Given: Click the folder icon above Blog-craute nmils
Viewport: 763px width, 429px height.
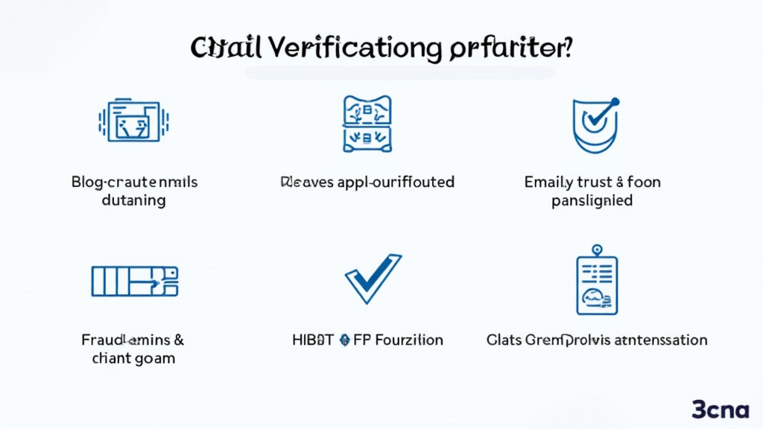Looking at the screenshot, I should (x=134, y=121).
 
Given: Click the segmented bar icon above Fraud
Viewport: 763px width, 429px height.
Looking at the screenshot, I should (x=134, y=280).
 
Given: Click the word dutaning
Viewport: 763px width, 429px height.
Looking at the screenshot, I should (x=134, y=200).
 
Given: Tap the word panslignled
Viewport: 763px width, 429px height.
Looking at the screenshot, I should (x=592, y=200).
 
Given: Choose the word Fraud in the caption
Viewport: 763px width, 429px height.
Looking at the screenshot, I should (x=100, y=340).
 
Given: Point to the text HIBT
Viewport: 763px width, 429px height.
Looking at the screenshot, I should (x=312, y=340).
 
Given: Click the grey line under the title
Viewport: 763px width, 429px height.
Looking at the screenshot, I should (x=399, y=73).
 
